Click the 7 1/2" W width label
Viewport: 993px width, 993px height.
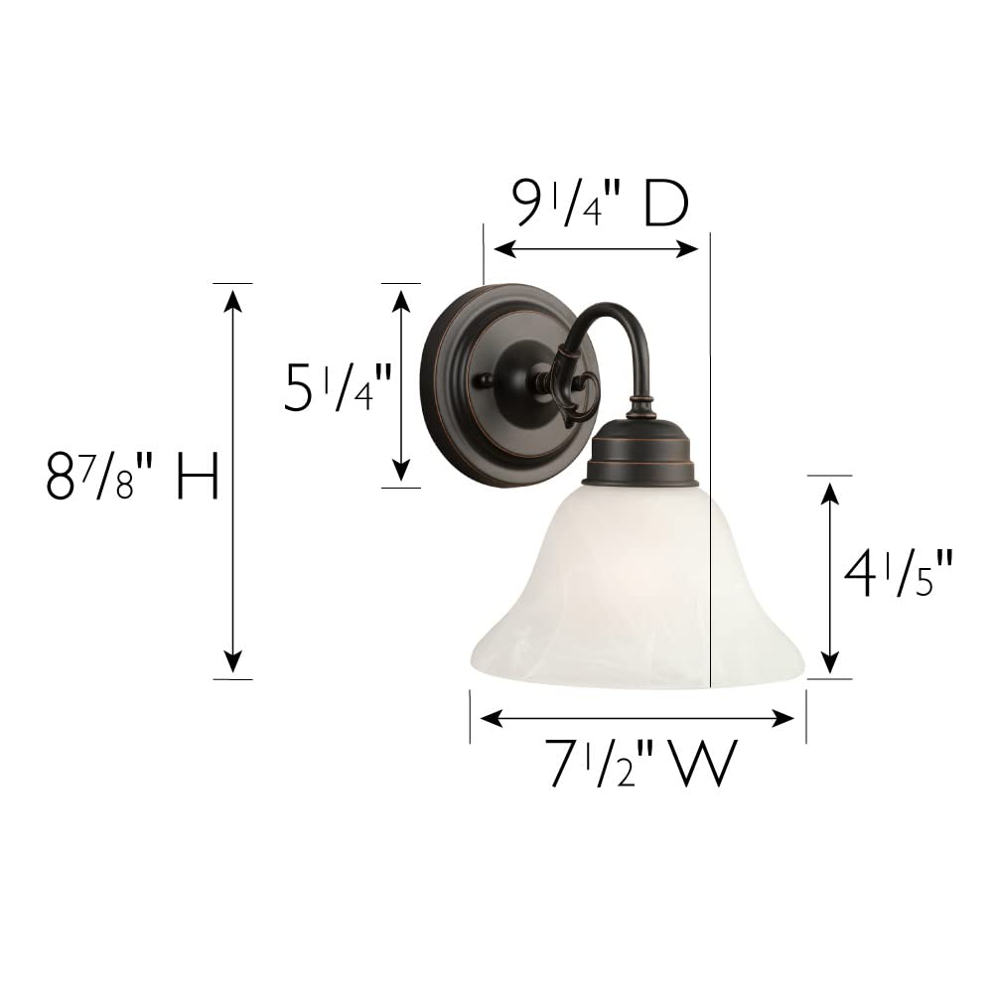[641, 766]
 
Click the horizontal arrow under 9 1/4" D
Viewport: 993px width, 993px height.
[597, 249]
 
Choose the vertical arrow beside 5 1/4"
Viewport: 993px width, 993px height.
[400, 384]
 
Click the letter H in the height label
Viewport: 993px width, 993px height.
[197, 478]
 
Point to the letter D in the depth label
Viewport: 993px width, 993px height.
[665, 206]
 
